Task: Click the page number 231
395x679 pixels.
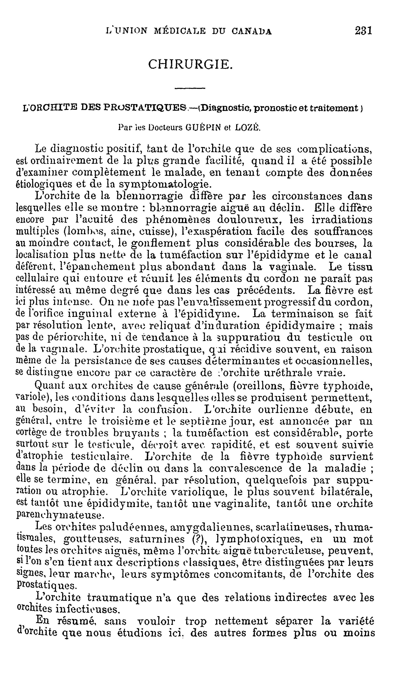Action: click(363, 31)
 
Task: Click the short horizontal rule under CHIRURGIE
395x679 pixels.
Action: click(190, 88)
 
